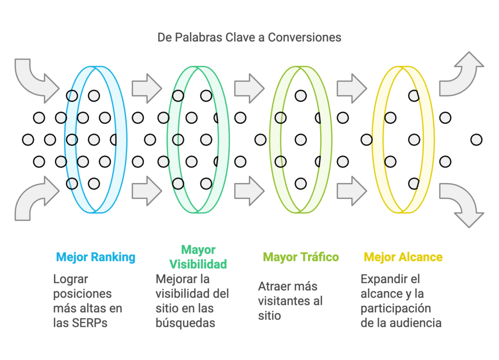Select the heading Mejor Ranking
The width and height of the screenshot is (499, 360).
96,257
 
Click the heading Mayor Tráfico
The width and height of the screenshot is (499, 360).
301,257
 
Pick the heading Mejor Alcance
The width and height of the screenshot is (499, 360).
403,257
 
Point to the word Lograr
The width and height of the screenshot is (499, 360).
70,280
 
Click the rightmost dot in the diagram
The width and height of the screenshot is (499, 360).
476,140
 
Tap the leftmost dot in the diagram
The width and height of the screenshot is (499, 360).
28,140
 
